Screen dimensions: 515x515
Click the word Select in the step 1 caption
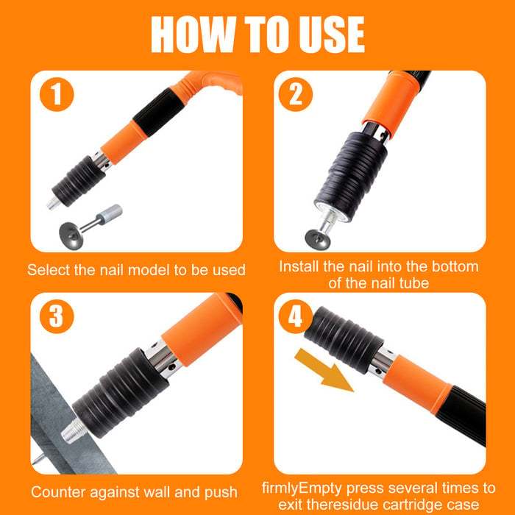click(x=48, y=269)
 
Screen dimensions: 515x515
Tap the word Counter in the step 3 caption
click(x=57, y=491)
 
